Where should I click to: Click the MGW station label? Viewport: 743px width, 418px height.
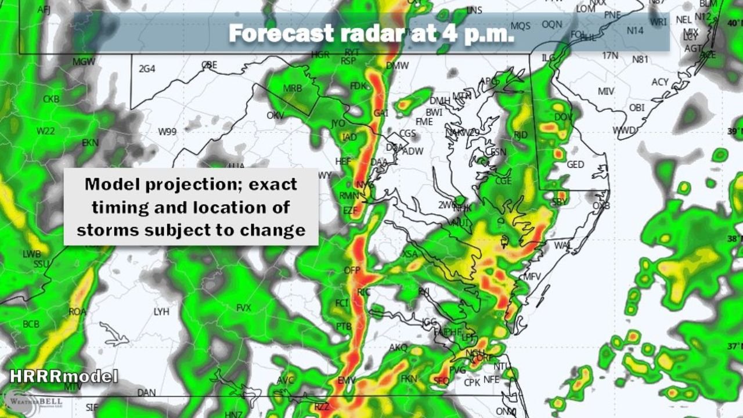[x=84, y=62]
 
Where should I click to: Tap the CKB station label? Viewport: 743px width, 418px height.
[x=51, y=99]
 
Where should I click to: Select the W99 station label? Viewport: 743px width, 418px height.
[x=167, y=132]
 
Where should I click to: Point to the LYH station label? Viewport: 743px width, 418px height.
[x=161, y=312]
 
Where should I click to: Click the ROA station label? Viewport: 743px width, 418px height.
[x=77, y=312]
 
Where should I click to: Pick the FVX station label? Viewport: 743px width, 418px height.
[x=244, y=308]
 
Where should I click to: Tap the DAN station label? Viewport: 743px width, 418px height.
[x=146, y=392]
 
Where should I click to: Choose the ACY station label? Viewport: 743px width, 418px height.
[x=660, y=82]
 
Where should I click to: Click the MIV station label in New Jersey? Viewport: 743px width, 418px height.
[x=606, y=92]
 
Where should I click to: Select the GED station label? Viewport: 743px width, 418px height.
[x=575, y=165]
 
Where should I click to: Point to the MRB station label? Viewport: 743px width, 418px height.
[x=293, y=88]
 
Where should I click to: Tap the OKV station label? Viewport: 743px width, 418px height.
[x=275, y=116]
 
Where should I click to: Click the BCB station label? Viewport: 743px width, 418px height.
[x=31, y=323]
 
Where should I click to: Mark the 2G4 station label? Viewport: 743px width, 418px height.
[x=147, y=69]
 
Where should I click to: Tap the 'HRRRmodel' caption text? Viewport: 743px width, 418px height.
[x=63, y=376]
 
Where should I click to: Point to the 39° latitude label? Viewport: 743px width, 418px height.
[x=734, y=131]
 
